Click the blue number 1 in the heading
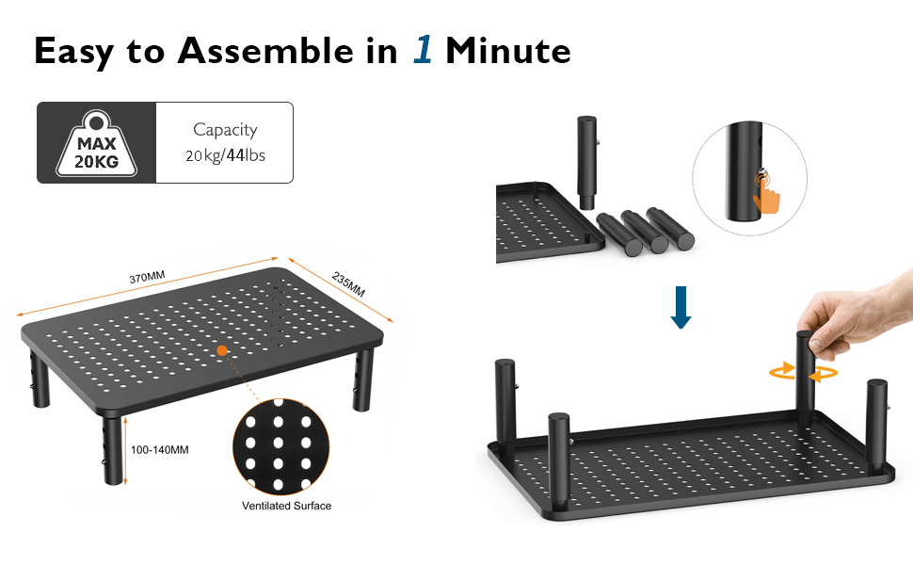(x=423, y=50)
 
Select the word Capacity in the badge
(x=225, y=130)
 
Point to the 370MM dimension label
(x=147, y=277)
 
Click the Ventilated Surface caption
(x=286, y=506)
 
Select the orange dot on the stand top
(x=223, y=350)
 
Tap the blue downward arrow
(x=681, y=308)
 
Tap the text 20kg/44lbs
(x=225, y=155)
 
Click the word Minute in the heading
(x=508, y=50)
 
